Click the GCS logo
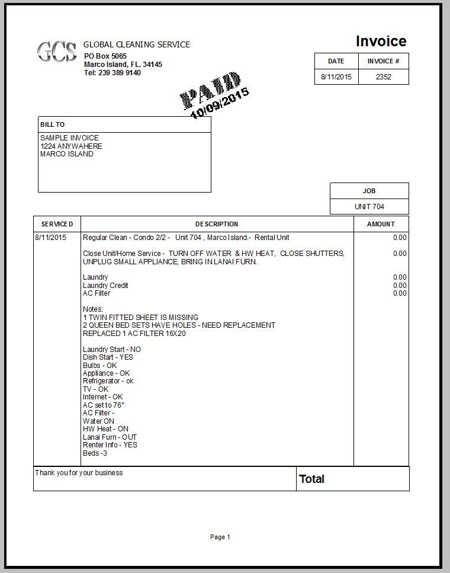coord(57,52)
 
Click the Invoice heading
coord(381,41)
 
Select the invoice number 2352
coord(384,77)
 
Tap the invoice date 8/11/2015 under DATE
coord(336,77)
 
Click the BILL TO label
coord(53,125)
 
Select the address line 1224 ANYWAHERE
coord(71,146)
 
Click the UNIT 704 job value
coord(369,207)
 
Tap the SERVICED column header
coord(57,224)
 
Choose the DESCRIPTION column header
coord(217,224)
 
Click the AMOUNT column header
coord(381,224)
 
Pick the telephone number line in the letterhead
coord(112,73)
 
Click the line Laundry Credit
coord(105,286)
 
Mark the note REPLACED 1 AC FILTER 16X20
coord(134,334)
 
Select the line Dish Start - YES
coord(108,357)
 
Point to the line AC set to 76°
coord(104,405)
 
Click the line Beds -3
coord(95,453)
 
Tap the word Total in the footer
coord(312,479)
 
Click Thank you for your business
coord(79,473)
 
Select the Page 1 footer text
coord(220,537)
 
